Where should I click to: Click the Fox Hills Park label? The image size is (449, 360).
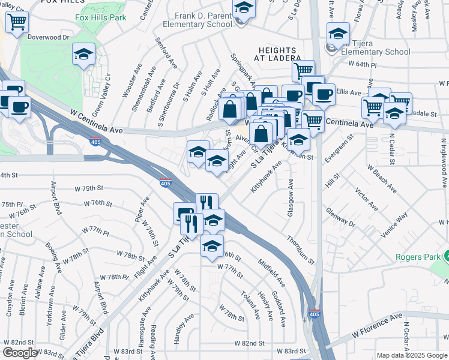(101, 18)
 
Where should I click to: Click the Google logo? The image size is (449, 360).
(20, 353)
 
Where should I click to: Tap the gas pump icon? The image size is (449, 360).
(184, 213)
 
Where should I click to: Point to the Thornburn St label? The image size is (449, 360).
(300, 249)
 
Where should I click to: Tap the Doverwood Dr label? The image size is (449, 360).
(49, 37)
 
